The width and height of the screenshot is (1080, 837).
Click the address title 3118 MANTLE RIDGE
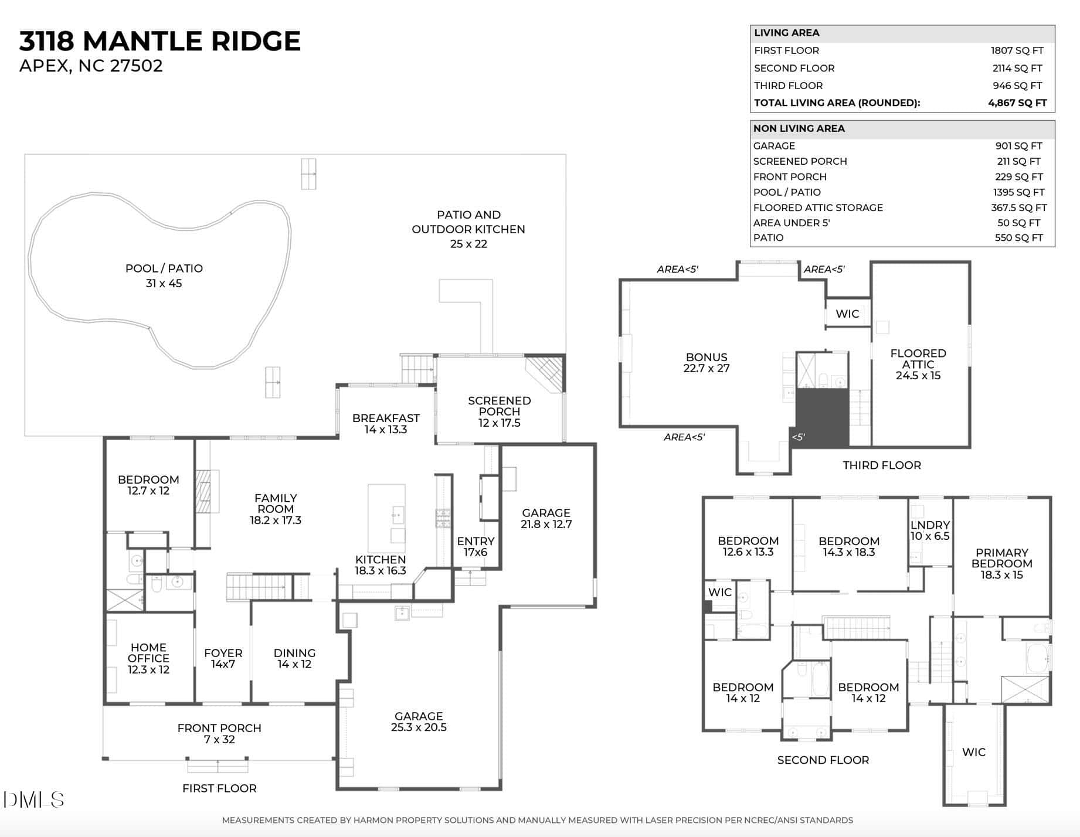160,41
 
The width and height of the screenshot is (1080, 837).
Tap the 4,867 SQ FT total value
1017,103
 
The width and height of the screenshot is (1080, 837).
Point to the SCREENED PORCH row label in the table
800,161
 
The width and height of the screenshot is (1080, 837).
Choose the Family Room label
276,509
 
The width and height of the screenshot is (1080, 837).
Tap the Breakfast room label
386,424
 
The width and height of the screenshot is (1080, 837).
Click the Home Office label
148,658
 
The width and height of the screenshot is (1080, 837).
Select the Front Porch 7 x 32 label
219,734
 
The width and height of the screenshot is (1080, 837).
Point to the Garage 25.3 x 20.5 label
419,722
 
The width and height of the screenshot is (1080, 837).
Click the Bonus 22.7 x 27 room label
707,363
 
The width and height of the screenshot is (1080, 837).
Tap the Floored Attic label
918,364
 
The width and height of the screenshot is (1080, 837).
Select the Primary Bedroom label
1002,564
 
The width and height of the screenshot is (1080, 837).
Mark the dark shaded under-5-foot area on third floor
822,418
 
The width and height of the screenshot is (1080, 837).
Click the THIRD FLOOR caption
882,465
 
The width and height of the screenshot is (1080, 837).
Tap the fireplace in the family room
203,491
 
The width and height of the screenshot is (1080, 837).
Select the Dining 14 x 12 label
294,658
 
